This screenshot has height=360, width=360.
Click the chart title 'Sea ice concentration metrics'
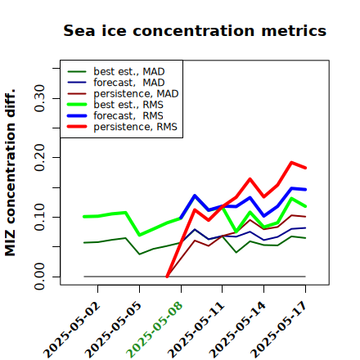tap(195, 30)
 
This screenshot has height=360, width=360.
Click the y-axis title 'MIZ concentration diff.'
tap(10, 173)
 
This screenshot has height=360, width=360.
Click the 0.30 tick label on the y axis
tap(39, 98)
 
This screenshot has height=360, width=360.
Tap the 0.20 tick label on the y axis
tap(39, 158)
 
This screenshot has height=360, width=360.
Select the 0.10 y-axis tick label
tap(39, 217)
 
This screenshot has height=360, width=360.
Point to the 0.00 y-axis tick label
tap(39, 277)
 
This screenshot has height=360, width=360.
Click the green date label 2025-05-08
tap(155, 330)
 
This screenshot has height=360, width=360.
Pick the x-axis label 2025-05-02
tap(71, 330)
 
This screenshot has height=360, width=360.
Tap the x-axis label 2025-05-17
tap(279, 330)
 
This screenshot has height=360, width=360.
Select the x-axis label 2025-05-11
tap(196, 330)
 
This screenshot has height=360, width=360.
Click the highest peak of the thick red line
tap(291, 162)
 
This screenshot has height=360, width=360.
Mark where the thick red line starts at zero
tap(167, 277)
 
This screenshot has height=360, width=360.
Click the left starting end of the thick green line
tap(84, 217)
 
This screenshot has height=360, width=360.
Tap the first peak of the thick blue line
tap(195, 196)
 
